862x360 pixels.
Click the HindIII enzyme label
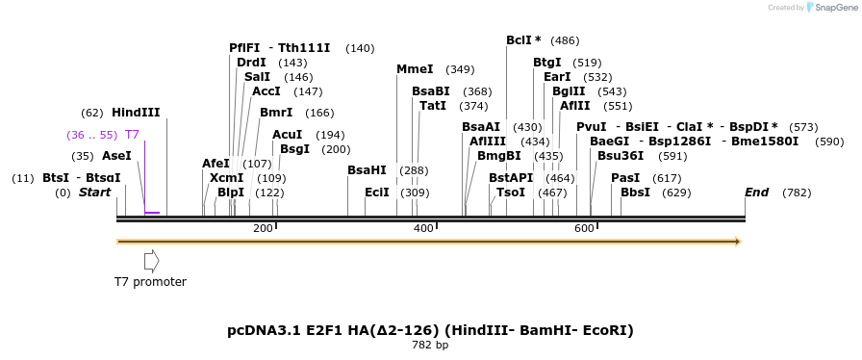coord(136,113)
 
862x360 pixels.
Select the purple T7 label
coord(132,135)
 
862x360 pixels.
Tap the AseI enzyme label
coord(116,156)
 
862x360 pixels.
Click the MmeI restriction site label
coord(415,69)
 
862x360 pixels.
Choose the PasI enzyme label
coord(625,178)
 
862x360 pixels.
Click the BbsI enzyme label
coord(635,193)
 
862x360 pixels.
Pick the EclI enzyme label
coord(377,193)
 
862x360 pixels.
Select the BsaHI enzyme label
coord(367,170)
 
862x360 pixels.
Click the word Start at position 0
coord(94,193)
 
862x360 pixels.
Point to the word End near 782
coord(756,193)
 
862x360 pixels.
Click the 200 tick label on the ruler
coord(263,228)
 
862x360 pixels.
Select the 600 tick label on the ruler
coord(584,228)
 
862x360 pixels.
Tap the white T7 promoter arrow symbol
coord(151,260)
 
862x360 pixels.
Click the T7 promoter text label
coord(150,282)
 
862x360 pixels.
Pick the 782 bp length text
coord(430,345)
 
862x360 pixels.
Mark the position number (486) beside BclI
coord(565,40)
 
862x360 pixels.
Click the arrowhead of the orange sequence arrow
coord(738,242)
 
